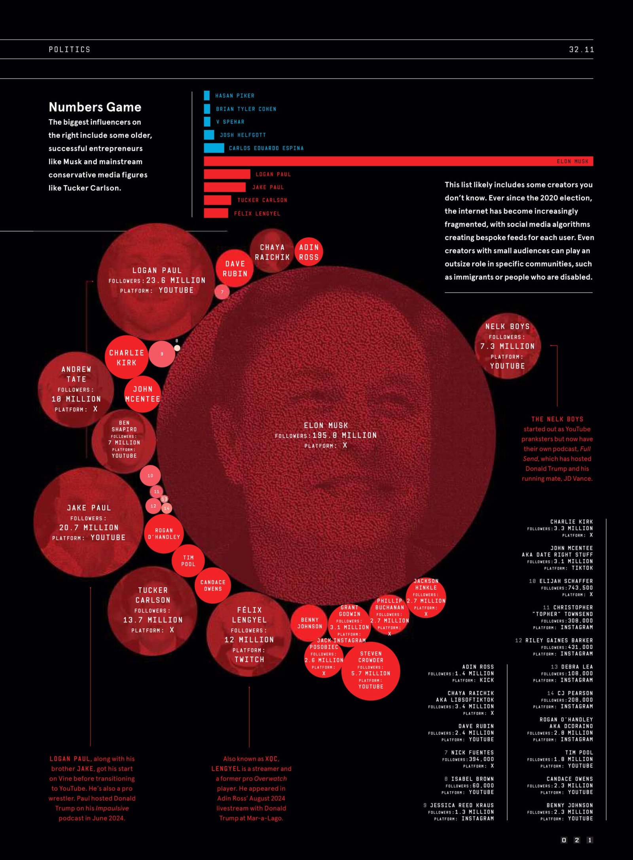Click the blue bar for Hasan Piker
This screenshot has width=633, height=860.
tap(207, 95)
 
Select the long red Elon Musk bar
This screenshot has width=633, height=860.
tap(396, 161)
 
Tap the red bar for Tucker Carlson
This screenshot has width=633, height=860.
tap(217, 200)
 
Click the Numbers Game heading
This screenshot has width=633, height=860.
tap(95, 107)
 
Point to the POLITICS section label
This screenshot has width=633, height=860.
tap(70, 49)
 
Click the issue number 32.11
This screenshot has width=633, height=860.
tap(581, 49)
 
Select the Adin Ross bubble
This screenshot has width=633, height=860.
tap(309, 252)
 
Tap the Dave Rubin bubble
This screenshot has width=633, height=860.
tap(235, 268)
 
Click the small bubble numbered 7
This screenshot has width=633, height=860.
tap(222, 292)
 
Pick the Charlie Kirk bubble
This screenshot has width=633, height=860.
tap(127, 357)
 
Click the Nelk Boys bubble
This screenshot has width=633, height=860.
tap(507, 346)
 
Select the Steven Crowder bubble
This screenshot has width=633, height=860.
tap(371, 671)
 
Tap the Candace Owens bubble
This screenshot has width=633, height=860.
tap(213, 586)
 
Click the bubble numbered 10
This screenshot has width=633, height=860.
tap(150, 476)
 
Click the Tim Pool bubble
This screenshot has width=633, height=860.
tap(188, 561)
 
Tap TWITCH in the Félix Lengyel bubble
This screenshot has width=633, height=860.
tap(249, 660)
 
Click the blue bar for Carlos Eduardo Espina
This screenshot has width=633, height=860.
tap(214, 148)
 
